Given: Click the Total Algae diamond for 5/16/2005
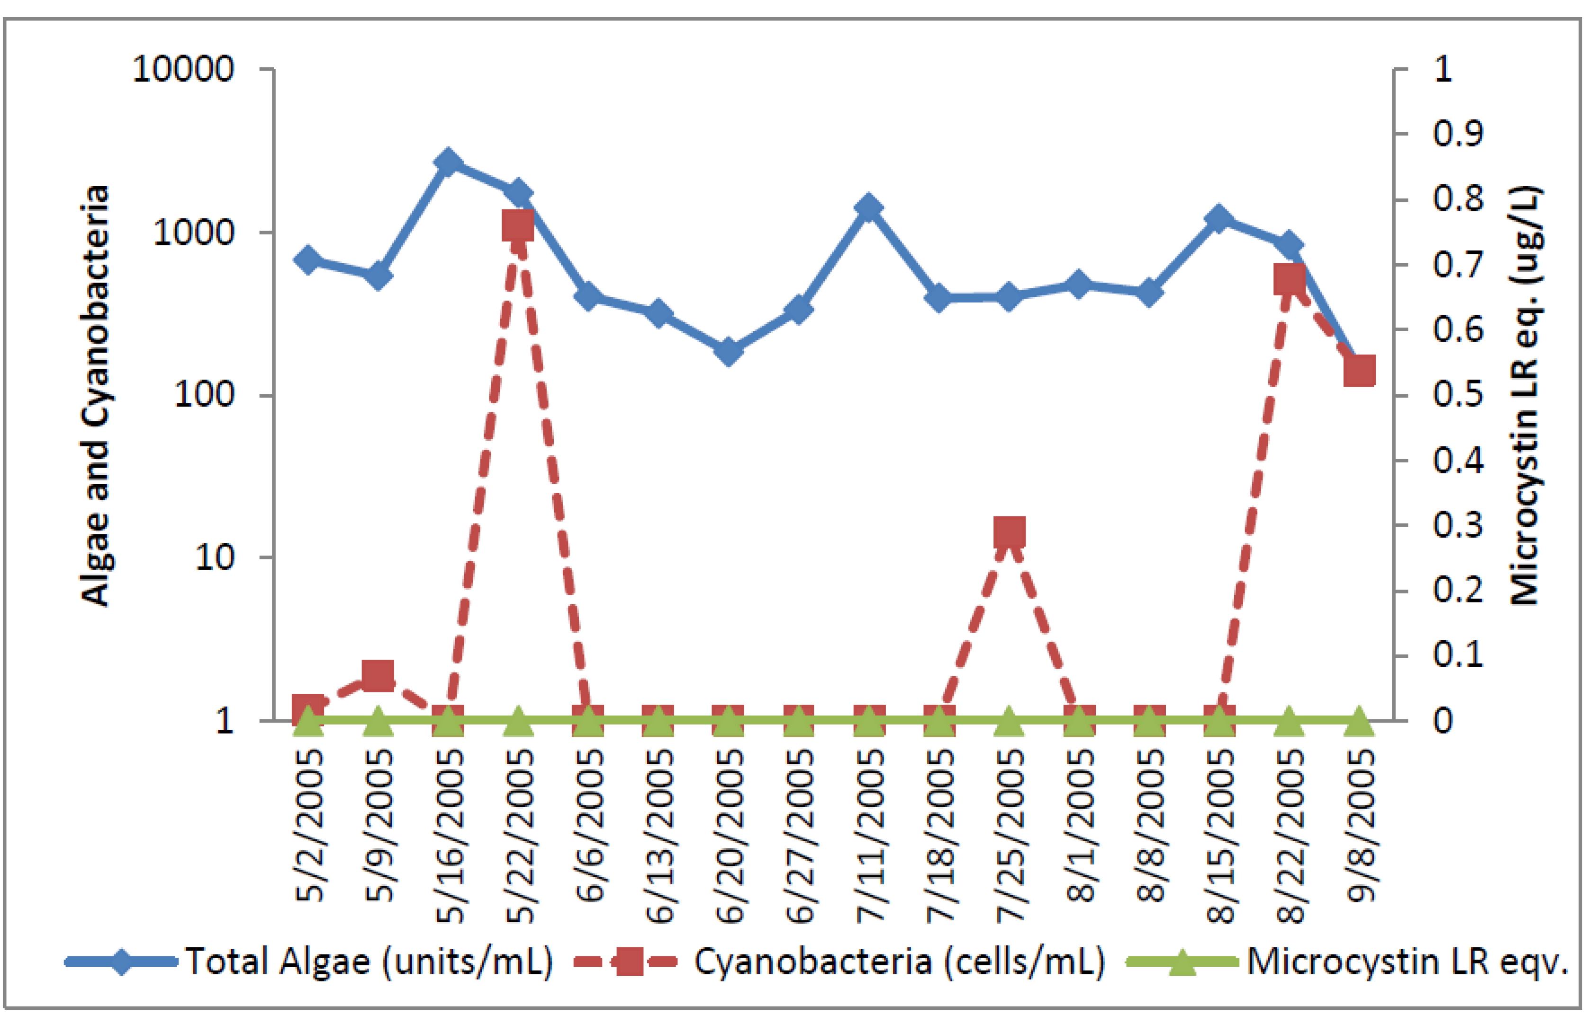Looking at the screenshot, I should click(x=448, y=163).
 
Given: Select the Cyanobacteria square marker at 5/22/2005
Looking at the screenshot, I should click(x=518, y=227).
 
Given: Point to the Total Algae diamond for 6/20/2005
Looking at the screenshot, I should click(x=729, y=351).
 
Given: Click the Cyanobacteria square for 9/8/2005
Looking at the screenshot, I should click(x=1359, y=371).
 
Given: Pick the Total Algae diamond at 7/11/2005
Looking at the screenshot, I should click(x=869, y=208).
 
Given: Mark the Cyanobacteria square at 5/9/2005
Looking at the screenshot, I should click(x=378, y=676).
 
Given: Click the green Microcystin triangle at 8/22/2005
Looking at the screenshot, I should click(x=1289, y=721).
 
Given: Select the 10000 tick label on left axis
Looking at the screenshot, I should click(x=183, y=69).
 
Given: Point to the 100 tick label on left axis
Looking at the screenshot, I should click(x=204, y=395).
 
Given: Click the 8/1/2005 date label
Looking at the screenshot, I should click(x=1080, y=826).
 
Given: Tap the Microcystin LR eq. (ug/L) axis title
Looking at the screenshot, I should click(x=1525, y=395).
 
